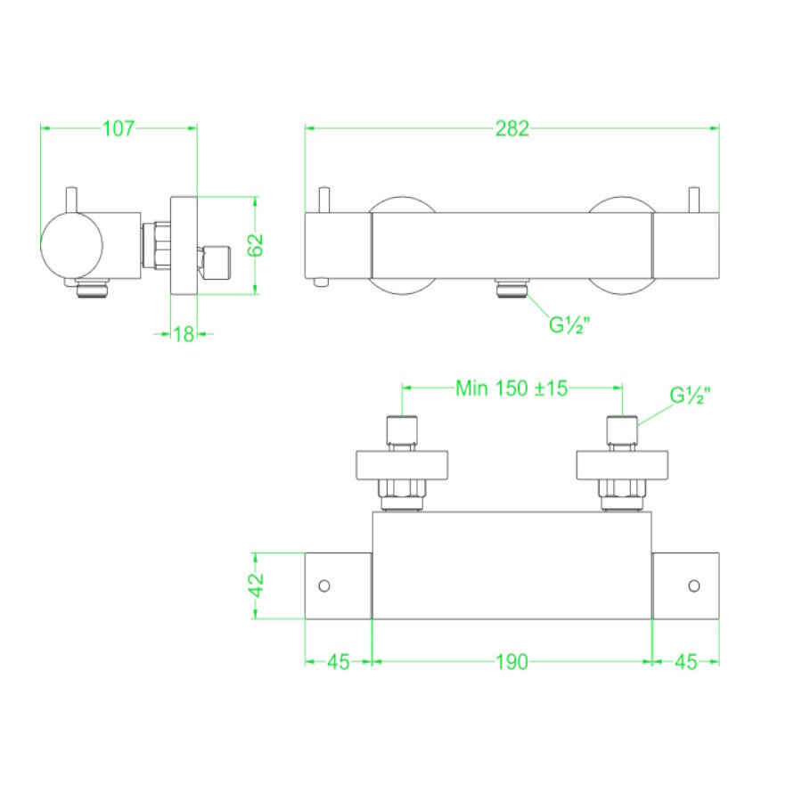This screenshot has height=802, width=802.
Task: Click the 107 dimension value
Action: [x=118, y=128]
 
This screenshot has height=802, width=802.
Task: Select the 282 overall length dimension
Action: [x=512, y=128]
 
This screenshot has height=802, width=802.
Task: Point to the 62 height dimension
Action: [x=257, y=243]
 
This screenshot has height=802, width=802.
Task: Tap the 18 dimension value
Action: [x=184, y=334]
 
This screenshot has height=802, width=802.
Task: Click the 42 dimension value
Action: [x=257, y=585]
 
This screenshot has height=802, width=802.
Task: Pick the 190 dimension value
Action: [x=512, y=661]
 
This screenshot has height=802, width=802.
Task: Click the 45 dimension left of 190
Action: [x=338, y=661]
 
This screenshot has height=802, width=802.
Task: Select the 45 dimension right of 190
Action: [x=686, y=661]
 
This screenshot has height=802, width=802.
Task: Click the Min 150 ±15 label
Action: [x=511, y=389]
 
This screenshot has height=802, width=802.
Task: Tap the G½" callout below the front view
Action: [x=570, y=324]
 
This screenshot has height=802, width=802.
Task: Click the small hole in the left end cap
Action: [x=324, y=585]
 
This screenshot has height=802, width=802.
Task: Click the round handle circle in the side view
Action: [x=72, y=245]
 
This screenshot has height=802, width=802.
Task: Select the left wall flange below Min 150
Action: [x=401, y=465]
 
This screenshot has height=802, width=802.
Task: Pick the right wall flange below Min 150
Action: [x=623, y=465]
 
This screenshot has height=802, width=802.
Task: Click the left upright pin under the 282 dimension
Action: [x=326, y=200]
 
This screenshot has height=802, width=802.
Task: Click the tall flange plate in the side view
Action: [x=184, y=243]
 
